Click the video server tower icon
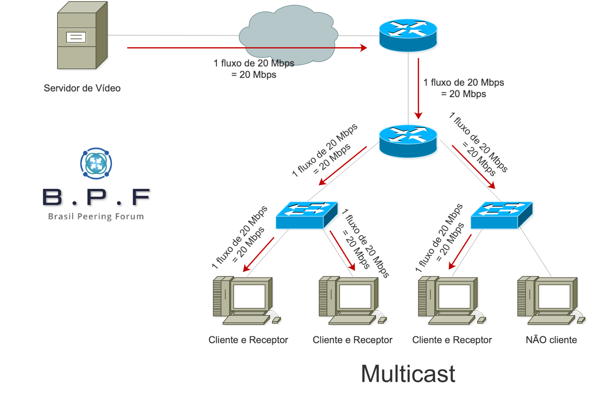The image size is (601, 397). coord(82,36)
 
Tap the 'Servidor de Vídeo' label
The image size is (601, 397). coord(82,88)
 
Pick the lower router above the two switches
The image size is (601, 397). coord(408,140)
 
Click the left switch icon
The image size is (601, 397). coord(307,215)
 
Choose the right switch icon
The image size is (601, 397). coord(501,215)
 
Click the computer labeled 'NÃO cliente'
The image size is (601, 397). coord(550,300)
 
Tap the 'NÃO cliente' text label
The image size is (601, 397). coord(551,340)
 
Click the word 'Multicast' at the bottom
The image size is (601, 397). coord(408,373)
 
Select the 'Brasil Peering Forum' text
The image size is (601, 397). coord(96,216)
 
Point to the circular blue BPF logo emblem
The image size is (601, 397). coord(96,163)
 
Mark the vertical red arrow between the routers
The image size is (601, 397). coord(418,89)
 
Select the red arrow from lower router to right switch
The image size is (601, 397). coord(473,167)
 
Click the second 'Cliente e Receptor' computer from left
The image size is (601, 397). coord(352,300)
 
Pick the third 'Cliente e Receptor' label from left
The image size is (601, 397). coord(452,340)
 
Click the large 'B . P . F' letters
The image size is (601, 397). coord(96,197)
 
